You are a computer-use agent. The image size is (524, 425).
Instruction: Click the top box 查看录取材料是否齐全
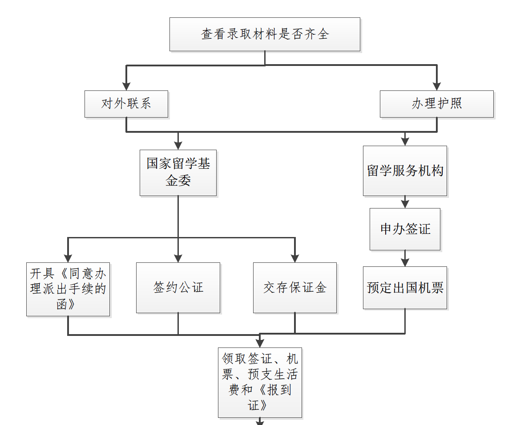click(265, 34)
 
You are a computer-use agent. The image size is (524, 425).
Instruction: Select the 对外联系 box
click(126, 104)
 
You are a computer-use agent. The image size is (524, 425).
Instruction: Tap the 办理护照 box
click(437, 104)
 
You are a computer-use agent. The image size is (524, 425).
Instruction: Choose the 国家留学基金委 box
click(178, 173)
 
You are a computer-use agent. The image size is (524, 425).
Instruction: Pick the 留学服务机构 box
click(405, 171)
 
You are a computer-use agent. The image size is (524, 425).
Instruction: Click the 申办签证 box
click(405, 229)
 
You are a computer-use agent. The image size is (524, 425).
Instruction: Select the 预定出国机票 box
click(405, 287)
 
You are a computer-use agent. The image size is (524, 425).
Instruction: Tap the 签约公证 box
click(178, 287)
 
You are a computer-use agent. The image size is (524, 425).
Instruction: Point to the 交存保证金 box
click(295, 287)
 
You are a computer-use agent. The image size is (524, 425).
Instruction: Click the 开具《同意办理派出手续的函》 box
click(68, 289)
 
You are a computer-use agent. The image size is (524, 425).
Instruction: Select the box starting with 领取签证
click(260, 382)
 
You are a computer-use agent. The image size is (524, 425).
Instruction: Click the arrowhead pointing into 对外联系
click(126, 86)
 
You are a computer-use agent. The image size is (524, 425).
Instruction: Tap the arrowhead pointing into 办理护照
click(437, 86)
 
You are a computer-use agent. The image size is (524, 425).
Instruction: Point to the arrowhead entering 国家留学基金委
click(178, 145)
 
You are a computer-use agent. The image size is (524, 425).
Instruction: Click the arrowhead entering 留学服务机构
click(405, 141)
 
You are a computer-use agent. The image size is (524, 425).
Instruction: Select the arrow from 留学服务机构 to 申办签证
click(405, 202)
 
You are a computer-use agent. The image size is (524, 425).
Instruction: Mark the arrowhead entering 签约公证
click(178, 258)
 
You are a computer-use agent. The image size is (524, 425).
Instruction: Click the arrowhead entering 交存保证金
click(295, 258)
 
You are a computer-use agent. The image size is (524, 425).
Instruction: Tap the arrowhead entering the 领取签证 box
click(260, 343)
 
